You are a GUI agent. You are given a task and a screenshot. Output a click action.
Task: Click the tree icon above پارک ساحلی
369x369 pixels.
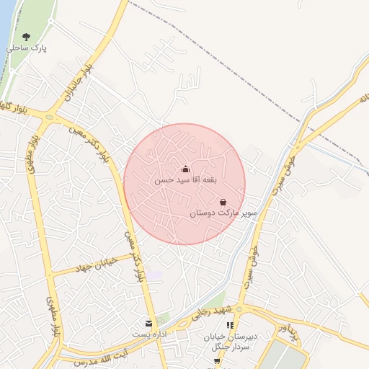coord(27,36)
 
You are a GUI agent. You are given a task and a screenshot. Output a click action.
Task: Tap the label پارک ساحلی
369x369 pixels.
coord(27,48)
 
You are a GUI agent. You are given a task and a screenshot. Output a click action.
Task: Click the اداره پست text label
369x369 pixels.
coord(149,335)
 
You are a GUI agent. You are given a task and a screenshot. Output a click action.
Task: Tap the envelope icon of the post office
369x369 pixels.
coord(149,324)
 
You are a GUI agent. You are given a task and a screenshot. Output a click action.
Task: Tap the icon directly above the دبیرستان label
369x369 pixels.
coord(229,326)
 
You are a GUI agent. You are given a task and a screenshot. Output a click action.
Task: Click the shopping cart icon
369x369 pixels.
coord(217,361)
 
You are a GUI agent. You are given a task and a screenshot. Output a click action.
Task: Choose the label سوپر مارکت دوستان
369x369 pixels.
coord(223,214)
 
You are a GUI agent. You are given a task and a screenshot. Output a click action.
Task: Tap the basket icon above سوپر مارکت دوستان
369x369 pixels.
coord(223,203)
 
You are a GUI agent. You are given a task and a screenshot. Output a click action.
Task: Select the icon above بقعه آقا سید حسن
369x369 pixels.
coord(186,169)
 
